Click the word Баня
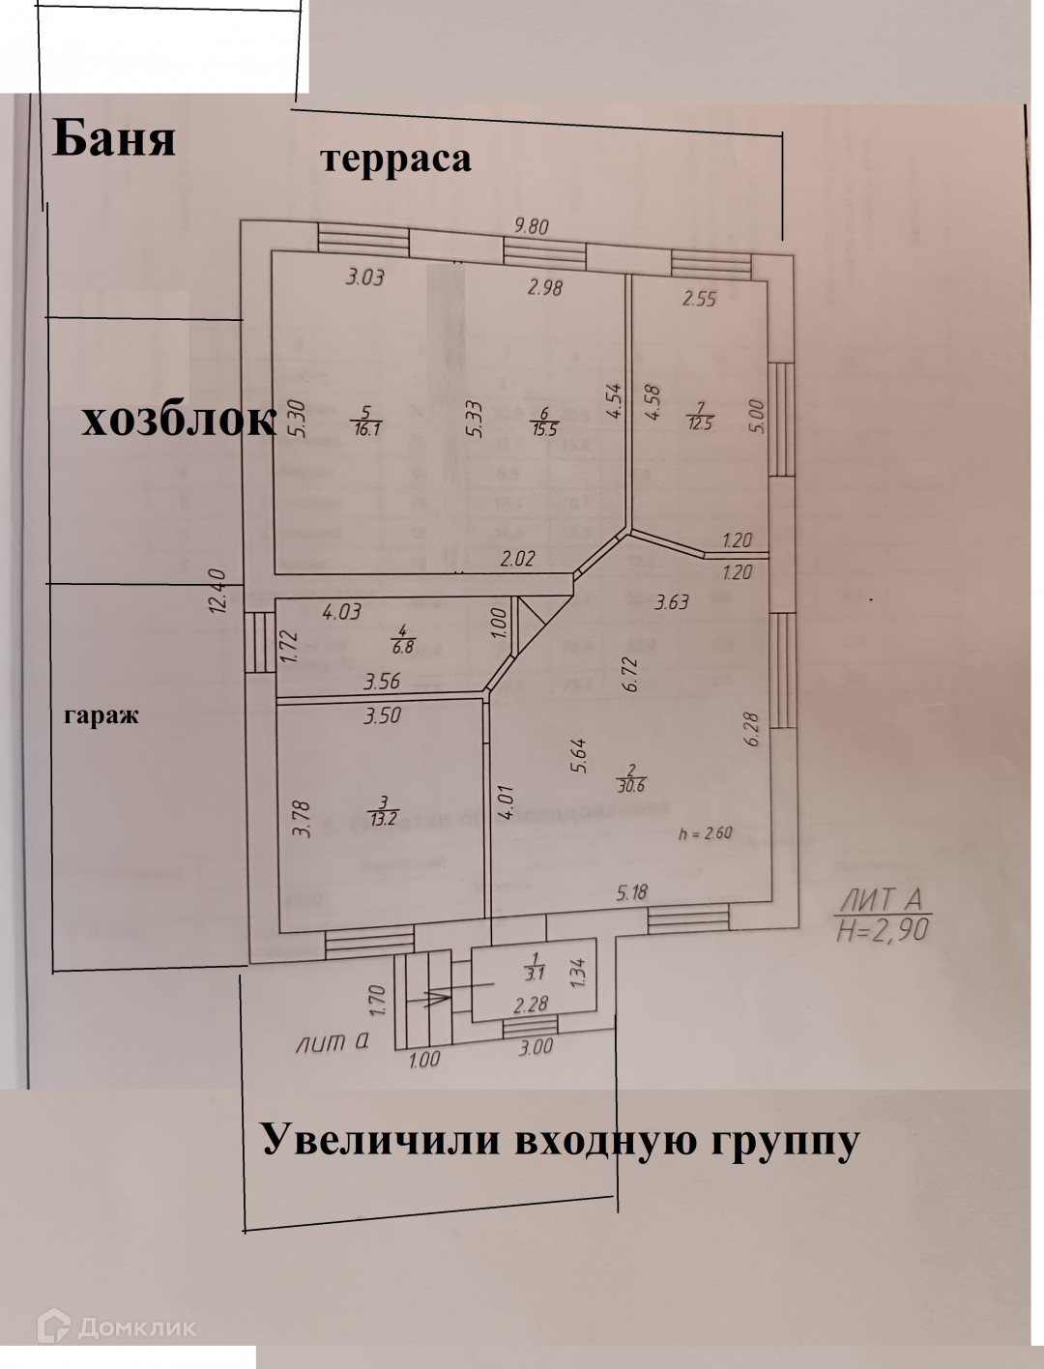click(x=114, y=137)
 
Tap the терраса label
click(x=395, y=159)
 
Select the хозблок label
click(x=178, y=421)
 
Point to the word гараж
click(x=101, y=716)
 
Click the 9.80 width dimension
click(x=531, y=226)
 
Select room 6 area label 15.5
click(x=545, y=428)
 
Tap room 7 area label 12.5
click(x=699, y=422)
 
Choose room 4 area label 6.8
click(x=402, y=646)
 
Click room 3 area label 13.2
click(x=384, y=819)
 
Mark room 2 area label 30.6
click(x=631, y=786)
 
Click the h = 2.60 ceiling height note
click(x=705, y=833)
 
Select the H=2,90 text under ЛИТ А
click(x=882, y=930)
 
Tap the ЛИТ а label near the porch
click(x=333, y=1043)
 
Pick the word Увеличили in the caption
click(x=382, y=1140)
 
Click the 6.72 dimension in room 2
click(x=631, y=673)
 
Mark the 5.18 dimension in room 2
click(x=631, y=892)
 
